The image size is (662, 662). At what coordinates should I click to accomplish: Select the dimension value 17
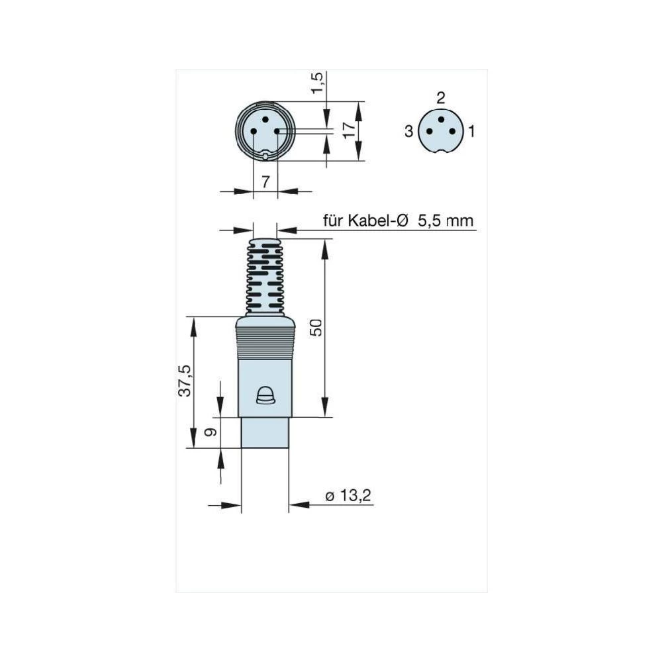pos(348,130)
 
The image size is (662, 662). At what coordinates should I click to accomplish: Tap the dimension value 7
pos(265,181)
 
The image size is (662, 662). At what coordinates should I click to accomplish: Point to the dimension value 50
pos(317,328)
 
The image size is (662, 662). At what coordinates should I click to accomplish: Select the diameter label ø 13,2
pos(348,496)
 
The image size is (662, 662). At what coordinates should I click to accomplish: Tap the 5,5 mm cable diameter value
pos(446,220)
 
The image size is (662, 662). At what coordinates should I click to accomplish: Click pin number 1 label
pos(471,131)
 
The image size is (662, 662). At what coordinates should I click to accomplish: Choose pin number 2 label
pos(441,99)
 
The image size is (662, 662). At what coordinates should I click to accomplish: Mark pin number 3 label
pos(409,131)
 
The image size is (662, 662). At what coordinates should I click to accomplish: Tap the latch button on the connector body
pos(265,395)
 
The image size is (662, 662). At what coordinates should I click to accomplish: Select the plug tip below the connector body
pos(265,432)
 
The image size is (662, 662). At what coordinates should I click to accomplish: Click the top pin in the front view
pos(265,120)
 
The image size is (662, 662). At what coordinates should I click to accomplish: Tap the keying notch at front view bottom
pos(265,156)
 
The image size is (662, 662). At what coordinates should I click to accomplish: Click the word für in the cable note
pos(334,220)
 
